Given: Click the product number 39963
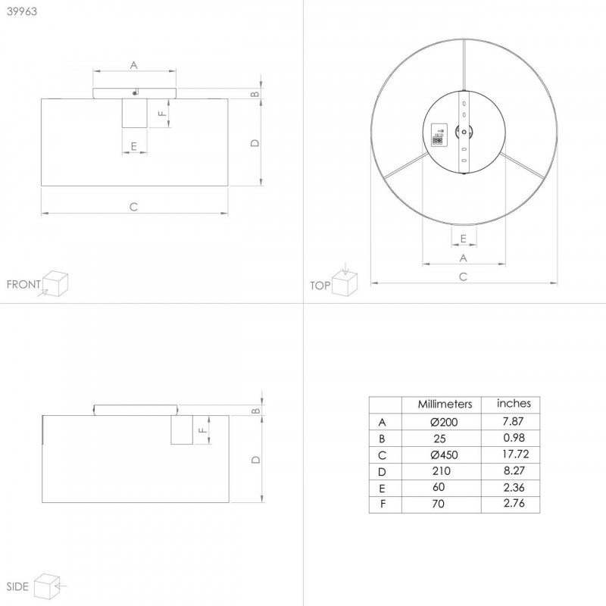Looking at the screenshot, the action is pos(22,11).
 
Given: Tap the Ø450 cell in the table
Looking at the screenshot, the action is pos(444,455).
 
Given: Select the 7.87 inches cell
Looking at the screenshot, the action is pos(513,421).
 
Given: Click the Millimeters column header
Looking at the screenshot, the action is pos(445,405).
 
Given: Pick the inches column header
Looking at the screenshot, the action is pos(514,404).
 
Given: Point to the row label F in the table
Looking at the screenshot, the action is pos(383,504).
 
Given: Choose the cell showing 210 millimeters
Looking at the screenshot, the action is pos(442,471).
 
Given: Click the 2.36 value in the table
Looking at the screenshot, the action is pos(514,487).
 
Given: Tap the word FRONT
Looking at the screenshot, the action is pos(23,285).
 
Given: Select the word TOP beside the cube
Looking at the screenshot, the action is pos(320,286).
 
